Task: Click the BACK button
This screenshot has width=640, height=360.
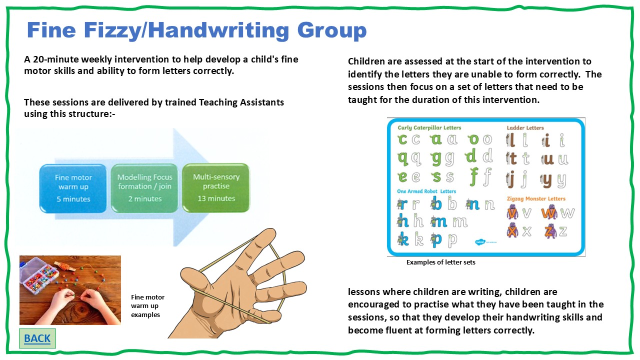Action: click(x=37, y=338)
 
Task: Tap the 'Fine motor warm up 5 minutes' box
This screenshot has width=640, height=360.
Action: click(x=73, y=188)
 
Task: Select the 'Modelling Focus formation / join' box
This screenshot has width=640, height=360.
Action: click(x=144, y=188)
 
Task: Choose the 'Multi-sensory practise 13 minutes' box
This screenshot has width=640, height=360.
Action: click(x=216, y=187)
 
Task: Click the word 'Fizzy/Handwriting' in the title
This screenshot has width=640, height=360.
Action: click(x=186, y=30)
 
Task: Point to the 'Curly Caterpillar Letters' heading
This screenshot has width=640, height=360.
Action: click(x=429, y=127)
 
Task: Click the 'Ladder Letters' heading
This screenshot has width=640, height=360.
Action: click(x=525, y=127)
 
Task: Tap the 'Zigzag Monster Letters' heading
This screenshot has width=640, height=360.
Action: click(x=536, y=198)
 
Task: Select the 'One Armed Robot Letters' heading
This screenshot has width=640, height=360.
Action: click(x=426, y=191)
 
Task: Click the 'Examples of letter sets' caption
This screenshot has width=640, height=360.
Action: click(x=441, y=262)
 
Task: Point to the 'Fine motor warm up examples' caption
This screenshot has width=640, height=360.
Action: click(x=147, y=306)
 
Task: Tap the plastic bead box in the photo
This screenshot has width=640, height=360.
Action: click(x=39, y=275)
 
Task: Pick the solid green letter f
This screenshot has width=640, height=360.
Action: click(x=473, y=176)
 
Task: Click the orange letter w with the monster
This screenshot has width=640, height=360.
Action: click(x=549, y=213)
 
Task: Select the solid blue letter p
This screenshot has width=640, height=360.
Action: click(x=436, y=240)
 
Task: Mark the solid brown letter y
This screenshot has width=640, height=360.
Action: click(x=546, y=180)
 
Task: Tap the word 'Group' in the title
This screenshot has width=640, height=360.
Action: click(x=331, y=30)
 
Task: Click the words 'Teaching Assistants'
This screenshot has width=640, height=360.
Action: click(x=241, y=102)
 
